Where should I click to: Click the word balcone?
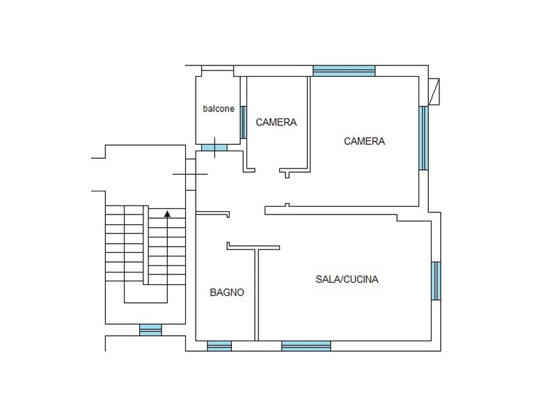pyautogui.click(x=219, y=109)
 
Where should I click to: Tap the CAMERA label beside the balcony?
pyautogui.click(x=276, y=123)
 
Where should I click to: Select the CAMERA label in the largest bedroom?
pyautogui.click(x=364, y=141)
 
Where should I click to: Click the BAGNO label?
pyautogui.click(x=227, y=293)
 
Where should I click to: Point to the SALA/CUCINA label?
pyautogui.click(x=347, y=279)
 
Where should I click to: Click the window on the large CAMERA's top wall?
pyautogui.click(x=344, y=71)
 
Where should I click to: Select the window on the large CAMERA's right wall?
pyautogui.click(x=423, y=138)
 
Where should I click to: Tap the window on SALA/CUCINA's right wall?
pyautogui.click(x=437, y=281)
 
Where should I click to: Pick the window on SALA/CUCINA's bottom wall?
pyautogui.click(x=306, y=346)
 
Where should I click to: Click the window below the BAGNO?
pyautogui.click(x=219, y=346)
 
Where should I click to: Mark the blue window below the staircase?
pyautogui.click(x=150, y=330)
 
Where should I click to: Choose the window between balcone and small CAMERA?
pyautogui.click(x=243, y=123)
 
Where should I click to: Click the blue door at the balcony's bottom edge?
pyautogui.click(x=214, y=148)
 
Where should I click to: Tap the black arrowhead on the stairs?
pyautogui.click(x=167, y=214)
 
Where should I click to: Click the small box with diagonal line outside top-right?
pyautogui.click(x=434, y=92)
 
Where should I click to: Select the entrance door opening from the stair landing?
pyautogui.click(x=190, y=174)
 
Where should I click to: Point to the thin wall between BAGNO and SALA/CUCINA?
pyautogui.click(x=256, y=295)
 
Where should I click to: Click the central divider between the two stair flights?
pyautogui.click(x=146, y=245)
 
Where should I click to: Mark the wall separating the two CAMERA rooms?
pyautogui.click(x=309, y=124)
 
